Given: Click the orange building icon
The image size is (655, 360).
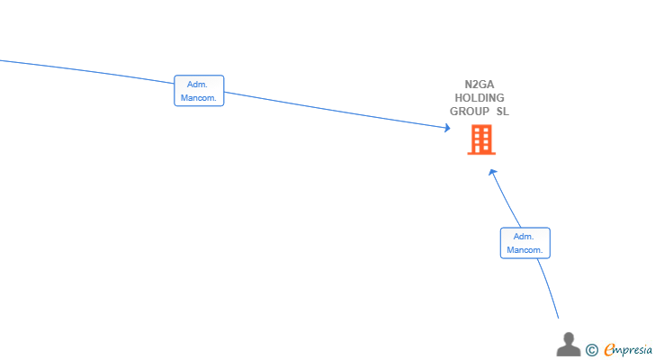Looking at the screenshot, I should pyautogui.click(x=481, y=139).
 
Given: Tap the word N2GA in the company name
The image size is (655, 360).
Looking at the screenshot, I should pyautogui.click(x=480, y=85).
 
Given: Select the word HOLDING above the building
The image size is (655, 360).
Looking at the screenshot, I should pyautogui.click(x=480, y=98).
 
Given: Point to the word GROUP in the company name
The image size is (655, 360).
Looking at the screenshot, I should pyautogui.click(x=470, y=112).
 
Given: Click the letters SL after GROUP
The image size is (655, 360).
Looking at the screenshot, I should pyautogui.click(x=502, y=112).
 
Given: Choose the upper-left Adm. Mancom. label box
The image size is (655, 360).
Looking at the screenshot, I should pyautogui.click(x=199, y=91).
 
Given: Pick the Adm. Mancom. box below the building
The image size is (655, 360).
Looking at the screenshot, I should pyautogui.click(x=525, y=243).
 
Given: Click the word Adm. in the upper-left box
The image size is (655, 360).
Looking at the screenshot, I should pyautogui.click(x=198, y=85).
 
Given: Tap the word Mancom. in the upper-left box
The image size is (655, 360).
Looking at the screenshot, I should pyautogui.click(x=199, y=97).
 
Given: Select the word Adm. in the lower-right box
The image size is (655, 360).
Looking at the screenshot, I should pyautogui.click(x=525, y=237).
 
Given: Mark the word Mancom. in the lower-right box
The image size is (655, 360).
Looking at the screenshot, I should pyautogui.click(x=525, y=249).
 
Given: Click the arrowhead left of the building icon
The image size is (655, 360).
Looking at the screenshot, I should pyautogui.click(x=446, y=128).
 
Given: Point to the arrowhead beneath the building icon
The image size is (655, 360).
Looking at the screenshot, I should pyautogui.click(x=492, y=172).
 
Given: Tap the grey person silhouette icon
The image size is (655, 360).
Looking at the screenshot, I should pyautogui.click(x=569, y=344).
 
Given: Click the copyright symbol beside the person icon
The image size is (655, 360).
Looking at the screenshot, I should pyautogui.click(x=592, y=350).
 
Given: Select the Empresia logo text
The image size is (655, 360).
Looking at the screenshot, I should pyautogui.click(x=629, y=349).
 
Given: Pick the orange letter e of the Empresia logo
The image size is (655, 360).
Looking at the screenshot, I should pyautogui.click(x=609, y=350).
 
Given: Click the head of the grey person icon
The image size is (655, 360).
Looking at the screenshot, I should pyautogui.click(x=569, y=337).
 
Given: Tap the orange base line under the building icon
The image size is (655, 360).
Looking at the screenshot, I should pyautogui.click(x=481, y=153).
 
